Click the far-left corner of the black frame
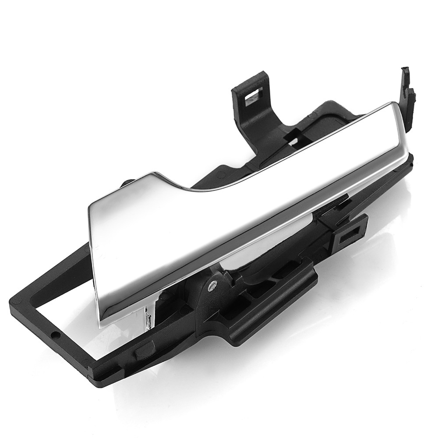click(x=12, y=302)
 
